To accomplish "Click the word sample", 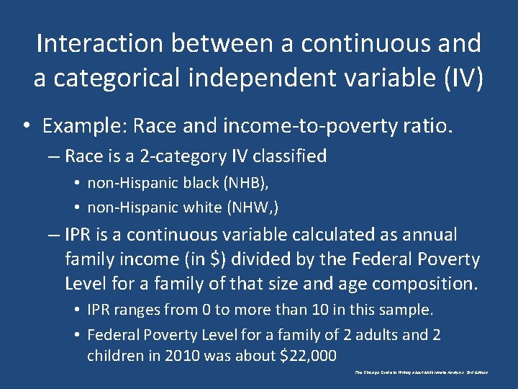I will coord(406,310).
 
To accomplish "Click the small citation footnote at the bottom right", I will coord(421,372).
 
